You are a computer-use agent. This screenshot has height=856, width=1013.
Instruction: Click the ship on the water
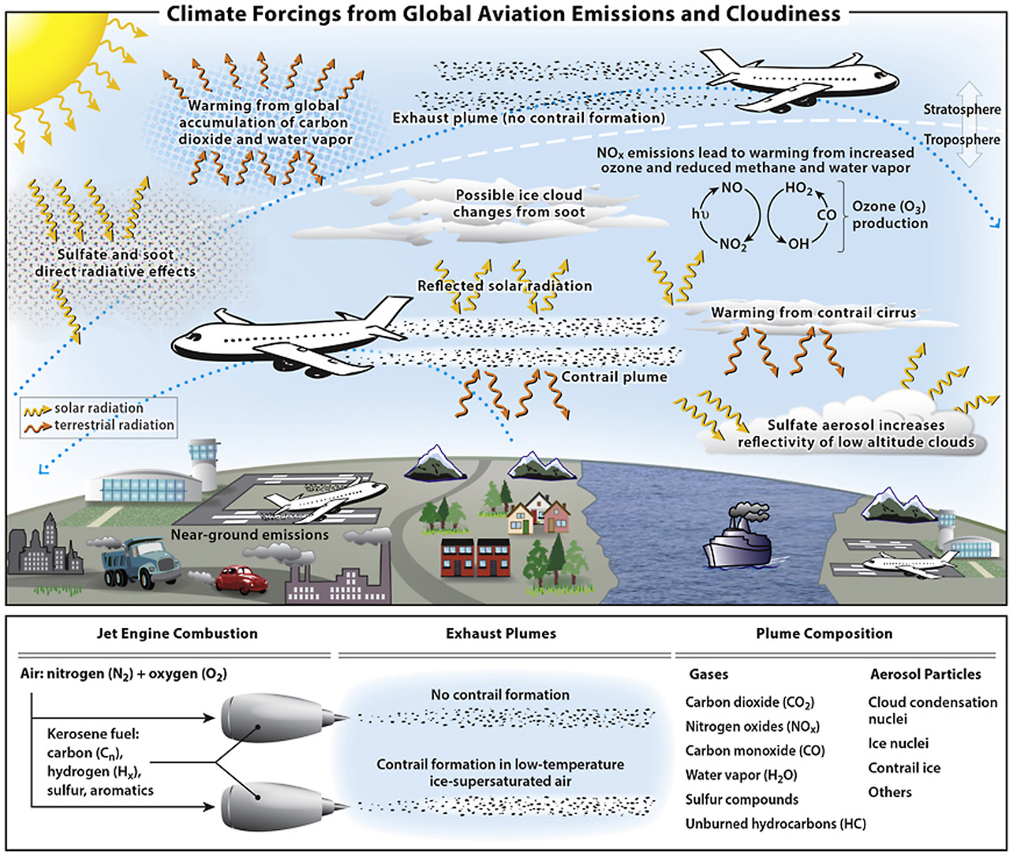coord(741,544)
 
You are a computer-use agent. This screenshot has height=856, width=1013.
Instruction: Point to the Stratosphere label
coord(962,110)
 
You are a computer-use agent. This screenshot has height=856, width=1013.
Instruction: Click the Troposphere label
coord(962,140)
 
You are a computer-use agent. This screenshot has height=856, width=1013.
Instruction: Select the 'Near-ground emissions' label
coord(249,535)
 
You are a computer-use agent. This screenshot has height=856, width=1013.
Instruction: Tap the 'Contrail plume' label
coord(614,377)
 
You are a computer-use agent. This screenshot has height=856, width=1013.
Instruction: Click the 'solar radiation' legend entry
coord(99,408)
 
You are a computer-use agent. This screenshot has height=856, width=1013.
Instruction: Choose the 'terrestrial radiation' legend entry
coord(114,425)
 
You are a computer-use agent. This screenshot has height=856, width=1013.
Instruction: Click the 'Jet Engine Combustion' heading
coord(177,634)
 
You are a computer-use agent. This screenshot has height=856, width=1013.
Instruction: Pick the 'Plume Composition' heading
coord(824,634)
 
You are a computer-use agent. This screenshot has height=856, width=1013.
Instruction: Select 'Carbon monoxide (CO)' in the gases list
coord(754,751)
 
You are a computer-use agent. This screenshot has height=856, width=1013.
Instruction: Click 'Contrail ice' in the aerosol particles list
coord(904,768)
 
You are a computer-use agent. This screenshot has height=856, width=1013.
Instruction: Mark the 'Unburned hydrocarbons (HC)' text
coord(775,824)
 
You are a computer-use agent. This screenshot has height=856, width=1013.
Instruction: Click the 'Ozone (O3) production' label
coord(889,215)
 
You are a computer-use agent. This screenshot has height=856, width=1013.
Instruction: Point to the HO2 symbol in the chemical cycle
coord(798,189)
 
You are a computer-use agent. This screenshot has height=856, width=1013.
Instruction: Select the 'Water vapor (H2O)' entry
coord(741,776)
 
